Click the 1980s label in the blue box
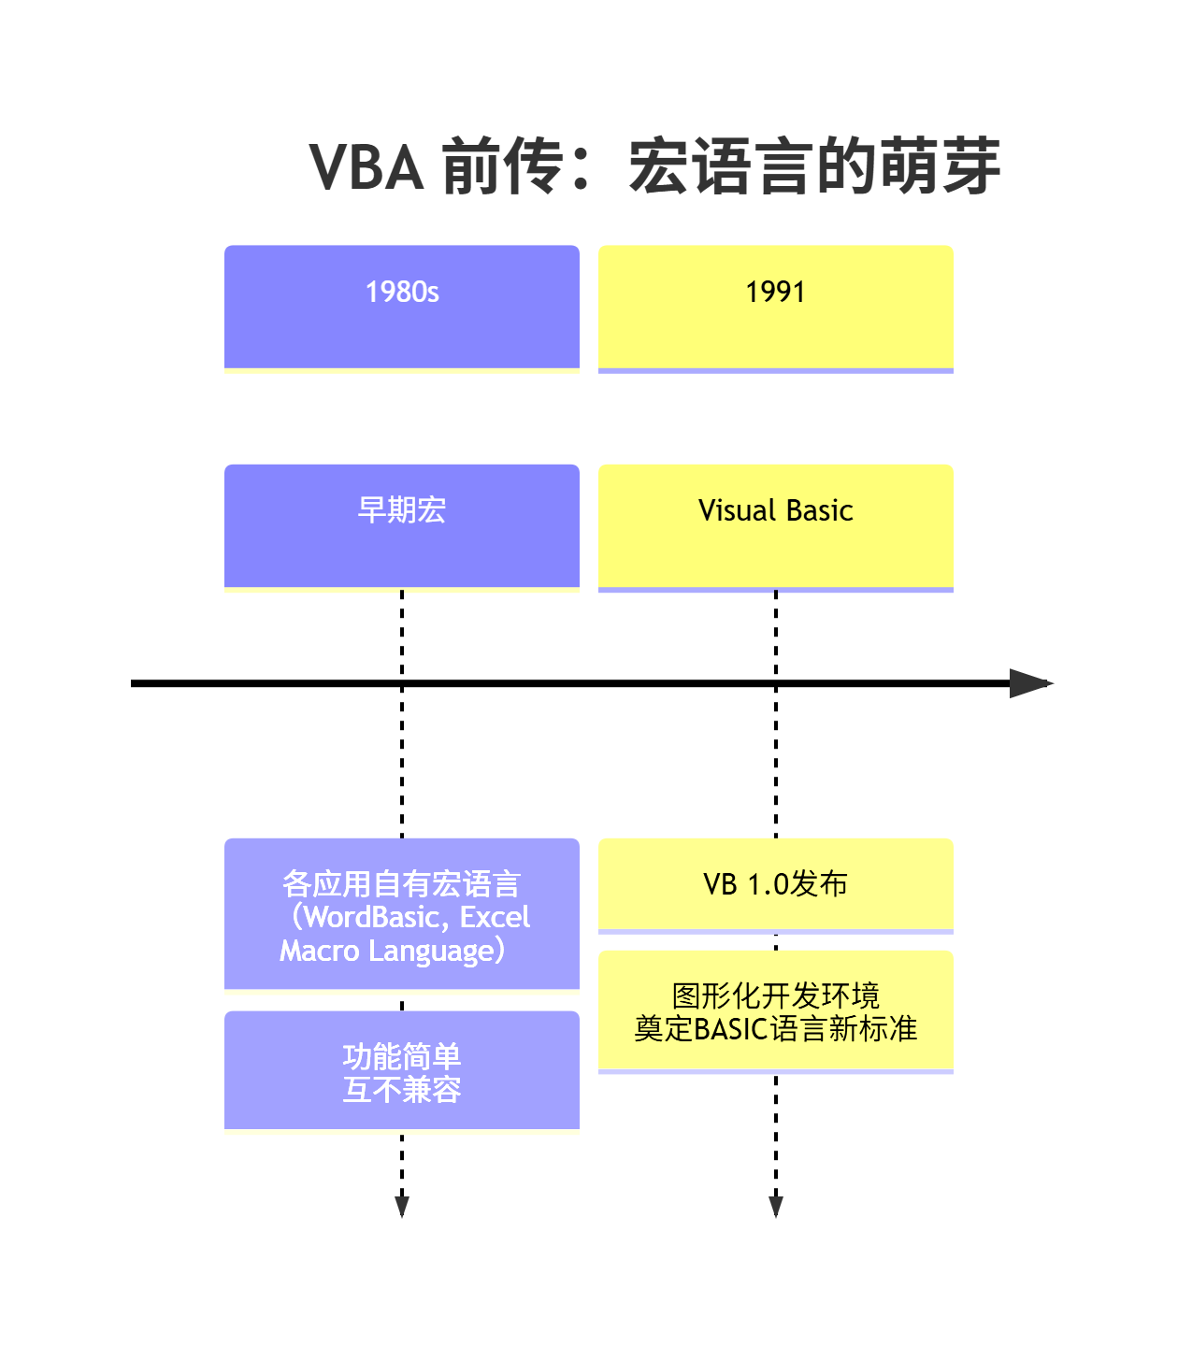click(x=402, y=292)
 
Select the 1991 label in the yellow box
click(x=775, y=292)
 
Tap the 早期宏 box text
click(x=402, y=510)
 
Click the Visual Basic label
click(x=775, y=510)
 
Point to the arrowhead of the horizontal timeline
click(x=1032, y=683)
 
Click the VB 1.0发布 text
click(x=775, y=884)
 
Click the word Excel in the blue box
click(x=495, y=918)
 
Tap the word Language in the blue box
click(x=431, y=952)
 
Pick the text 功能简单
click(x=402, y=1057)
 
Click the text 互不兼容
click(x=402, y=1090)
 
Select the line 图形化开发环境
click(x=775, y=995)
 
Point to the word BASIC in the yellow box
click(x=730, y=1029)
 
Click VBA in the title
click(x=366, y=167)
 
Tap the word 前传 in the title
click(x=503, y=167)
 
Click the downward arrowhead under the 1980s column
click(x=402, y=1207)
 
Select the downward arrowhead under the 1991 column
click(x=775, y=1207)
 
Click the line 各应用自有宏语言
click(x=402, y=884)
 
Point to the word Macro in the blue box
click(x=320, y=952)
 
